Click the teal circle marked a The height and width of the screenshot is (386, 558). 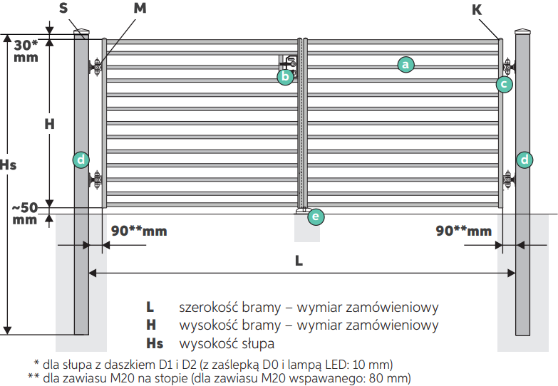(405, 65)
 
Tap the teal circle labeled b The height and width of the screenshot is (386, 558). (285, 76)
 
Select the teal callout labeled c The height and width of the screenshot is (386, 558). (505, 84)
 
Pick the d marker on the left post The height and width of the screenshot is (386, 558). (81, 160)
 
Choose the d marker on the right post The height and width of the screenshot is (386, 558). (525, 160)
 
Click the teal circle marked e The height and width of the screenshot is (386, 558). (316, 217)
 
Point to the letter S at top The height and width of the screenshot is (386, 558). (63, 8)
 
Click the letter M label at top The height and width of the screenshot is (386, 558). (140, 8)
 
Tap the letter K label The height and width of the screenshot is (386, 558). (477, 10)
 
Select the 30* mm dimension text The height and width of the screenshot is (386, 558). (26, 51)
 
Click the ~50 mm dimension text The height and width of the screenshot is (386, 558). (24, 214)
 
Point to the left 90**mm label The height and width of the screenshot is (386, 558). (139, 231)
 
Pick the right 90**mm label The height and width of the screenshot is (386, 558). (464, 231)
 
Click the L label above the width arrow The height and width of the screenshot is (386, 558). (299, 261)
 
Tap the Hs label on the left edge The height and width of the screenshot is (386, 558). (8, 165)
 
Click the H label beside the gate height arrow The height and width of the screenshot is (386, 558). (49, 124)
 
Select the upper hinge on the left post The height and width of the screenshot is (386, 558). (95, 66)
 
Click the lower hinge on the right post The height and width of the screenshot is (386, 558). (509, 179)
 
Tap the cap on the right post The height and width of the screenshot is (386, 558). (522, 31)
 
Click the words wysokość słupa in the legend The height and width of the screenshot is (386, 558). (227, 344)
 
